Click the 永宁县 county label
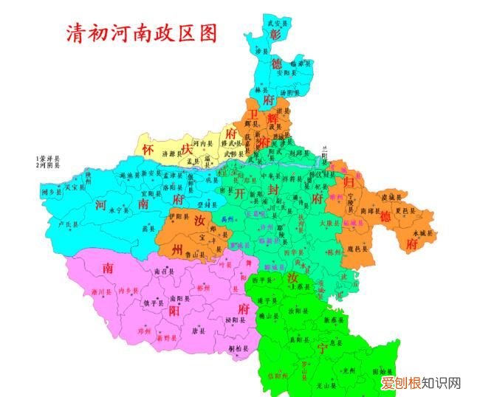tap(119, 210)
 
